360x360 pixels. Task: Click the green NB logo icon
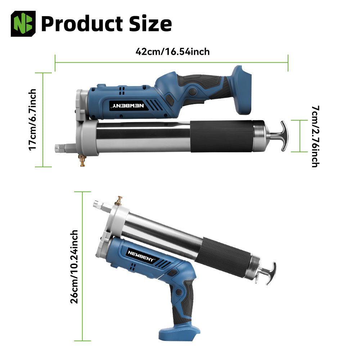(x=23, y=24)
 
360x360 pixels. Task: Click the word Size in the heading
(x=150, y=23)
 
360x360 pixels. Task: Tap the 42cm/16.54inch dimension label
(x=173, y=51)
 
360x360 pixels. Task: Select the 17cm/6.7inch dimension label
(x=32, y=120)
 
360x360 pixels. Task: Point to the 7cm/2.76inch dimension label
(x=315, y=136)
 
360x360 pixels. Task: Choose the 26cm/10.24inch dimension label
(x=74, y=266)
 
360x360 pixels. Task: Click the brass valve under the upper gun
(x=82, y=160)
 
